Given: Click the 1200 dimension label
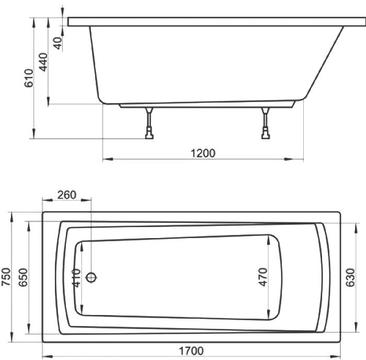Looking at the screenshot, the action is pyautogui.click(x=203, y=153).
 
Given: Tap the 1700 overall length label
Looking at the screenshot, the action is pyautogui.click(x=191, y=351).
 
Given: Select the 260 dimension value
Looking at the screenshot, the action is pyautogui.click(x=67, y=195).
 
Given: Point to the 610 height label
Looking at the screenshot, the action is pyautogui.click(x=29, y=78).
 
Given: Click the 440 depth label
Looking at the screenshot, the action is pyautogui.click(x=43, y=62).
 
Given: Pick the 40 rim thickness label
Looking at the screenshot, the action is pyautogui.click(x=59, y=43).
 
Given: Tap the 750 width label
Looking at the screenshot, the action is pyautogui.click(x=6, y=277).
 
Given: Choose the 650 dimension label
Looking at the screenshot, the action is pyautogui.click(x=24, y=277).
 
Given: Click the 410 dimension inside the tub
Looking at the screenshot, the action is pyautogui.click(x=76, y=278).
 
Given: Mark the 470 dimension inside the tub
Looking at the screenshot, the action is pyautogui.click(x=263, y=277).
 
